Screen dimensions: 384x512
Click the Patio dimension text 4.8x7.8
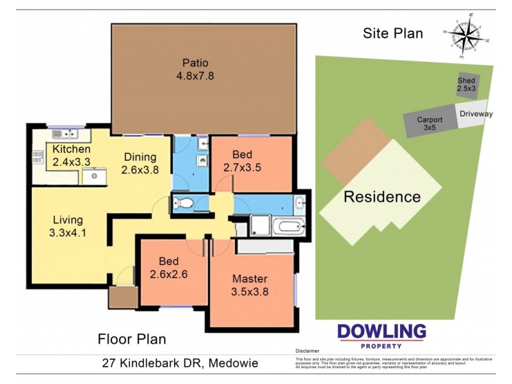195,76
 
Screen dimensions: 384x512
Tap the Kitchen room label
67,149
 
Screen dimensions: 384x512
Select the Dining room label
140,157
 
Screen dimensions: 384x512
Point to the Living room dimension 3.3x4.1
67,233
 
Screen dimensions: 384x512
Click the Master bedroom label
250,279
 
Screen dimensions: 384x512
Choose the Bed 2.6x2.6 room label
169,262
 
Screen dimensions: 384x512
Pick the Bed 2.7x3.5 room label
242,154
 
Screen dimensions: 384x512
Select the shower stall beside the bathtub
260,225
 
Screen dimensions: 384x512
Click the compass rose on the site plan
465,33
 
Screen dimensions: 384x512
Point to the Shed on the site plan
467,84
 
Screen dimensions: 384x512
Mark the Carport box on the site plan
429,123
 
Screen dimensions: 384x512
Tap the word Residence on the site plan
382,196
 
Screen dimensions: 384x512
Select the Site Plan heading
392,34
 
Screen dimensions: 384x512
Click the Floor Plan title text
131,339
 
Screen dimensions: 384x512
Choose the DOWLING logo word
381,331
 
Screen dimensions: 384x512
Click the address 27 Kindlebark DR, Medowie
180,363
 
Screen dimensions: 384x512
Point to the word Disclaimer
308,351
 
